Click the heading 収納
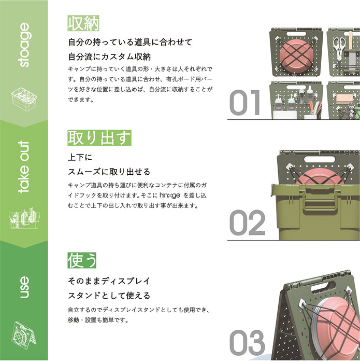point(83,23)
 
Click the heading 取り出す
point(99,138)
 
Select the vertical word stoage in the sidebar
point(24,46)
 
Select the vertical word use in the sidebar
point(24,287)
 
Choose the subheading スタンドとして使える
point(109,296)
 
